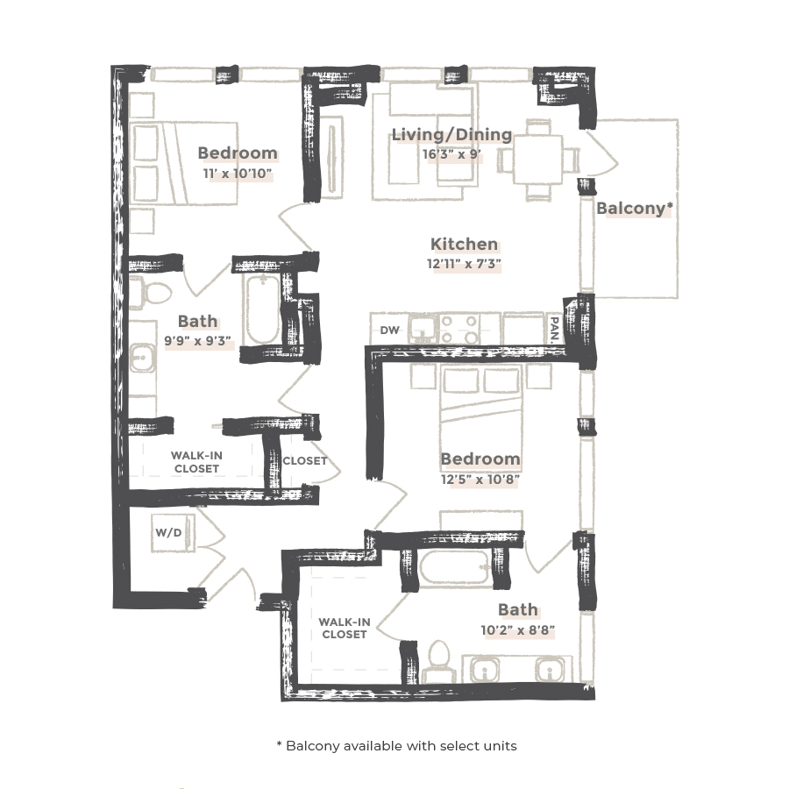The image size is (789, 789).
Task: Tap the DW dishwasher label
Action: pyautogui.click(x=390, y=331)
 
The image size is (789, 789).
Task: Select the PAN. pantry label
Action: pyautogui.click(x=555, y=329)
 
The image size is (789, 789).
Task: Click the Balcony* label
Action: pyautogui.click(x=634, y=209)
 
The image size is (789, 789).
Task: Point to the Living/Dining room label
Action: pyautogui.click(x=451, y=134)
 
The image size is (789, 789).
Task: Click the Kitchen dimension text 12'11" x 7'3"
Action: pyautogui.click(x=464, y=263)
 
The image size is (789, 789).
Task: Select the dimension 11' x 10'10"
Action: pyautogui.click(x=237, y=174)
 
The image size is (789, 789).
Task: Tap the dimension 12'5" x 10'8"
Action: pyautogui.click(x=480, y=480)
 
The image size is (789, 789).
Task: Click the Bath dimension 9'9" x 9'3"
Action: pyautogui.click(x=197, y=342)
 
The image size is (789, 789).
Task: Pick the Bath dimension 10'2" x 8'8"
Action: pyautogui.click(x=517, y=629)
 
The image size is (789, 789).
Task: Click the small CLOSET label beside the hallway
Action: pyautogui.click(x=304, y=460)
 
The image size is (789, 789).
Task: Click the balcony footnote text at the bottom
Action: pyautogui.click(x=396, y=746)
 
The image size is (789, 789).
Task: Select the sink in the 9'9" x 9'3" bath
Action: pyautogui.click(x=143, y=359)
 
